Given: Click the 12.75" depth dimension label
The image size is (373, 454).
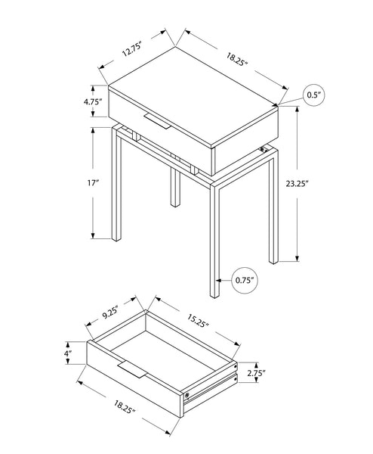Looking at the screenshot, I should click(131, 51).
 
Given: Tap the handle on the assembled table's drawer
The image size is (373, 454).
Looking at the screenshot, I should click(161, 120).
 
